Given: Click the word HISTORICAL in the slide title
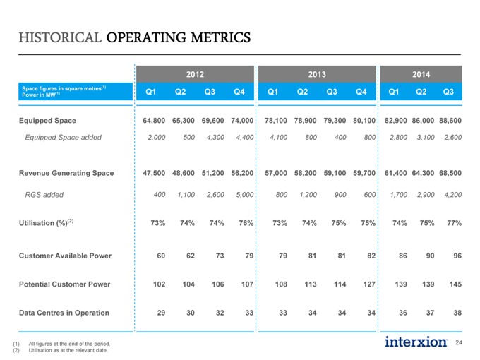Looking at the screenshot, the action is point(60,37).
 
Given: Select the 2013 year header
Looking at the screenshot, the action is point(317,74).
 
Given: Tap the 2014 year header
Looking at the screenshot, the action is point(421,74).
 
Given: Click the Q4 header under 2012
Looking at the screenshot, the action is point(239,92).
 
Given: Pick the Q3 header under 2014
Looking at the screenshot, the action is point(448,92).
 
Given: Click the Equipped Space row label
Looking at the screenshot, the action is point(47,121).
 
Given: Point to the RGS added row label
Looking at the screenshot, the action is point(44,195).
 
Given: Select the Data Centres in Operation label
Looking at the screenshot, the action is point(64,313).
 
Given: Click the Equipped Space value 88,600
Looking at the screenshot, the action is point(450,121).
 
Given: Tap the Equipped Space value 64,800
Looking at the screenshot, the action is point(154,121).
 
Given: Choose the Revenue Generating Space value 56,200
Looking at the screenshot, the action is point(242,173).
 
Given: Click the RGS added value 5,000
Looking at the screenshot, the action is point(245,195).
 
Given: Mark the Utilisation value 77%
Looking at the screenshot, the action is point(454,223).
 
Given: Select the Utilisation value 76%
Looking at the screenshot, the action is point(246,223).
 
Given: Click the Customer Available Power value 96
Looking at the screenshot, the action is point(457,256).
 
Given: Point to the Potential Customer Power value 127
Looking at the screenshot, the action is point(369,284).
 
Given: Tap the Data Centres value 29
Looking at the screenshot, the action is point(161,313).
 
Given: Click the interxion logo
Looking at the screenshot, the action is point(416,342).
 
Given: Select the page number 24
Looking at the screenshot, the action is point(459,342).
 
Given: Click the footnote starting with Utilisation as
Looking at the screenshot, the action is point(68,350).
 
